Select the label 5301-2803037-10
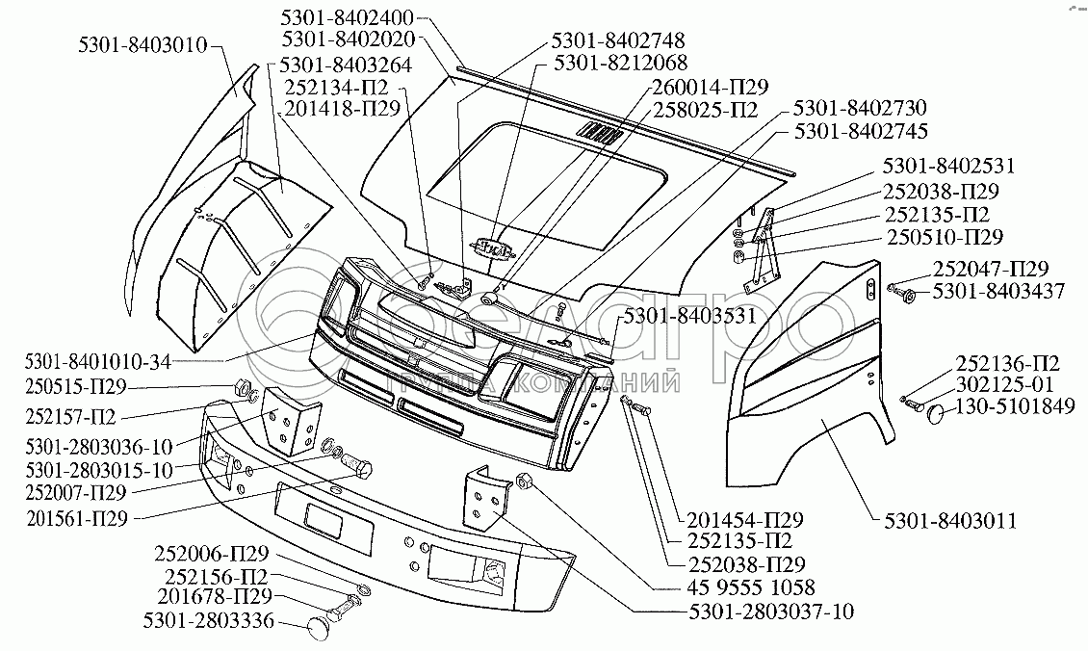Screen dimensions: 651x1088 tap(770, 612)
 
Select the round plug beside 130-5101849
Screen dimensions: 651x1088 tap(937, 414)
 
